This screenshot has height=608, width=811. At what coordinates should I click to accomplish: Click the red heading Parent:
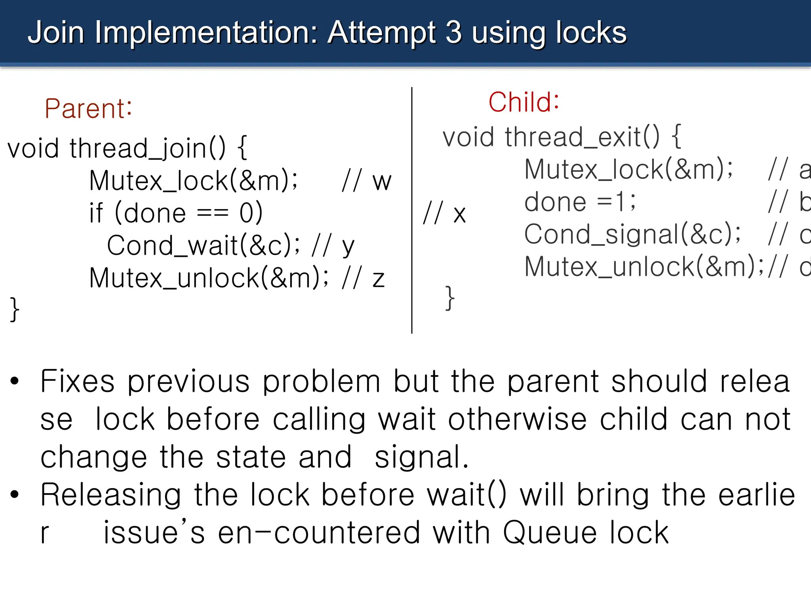[88, 108]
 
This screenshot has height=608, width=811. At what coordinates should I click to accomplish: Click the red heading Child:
[524, 102]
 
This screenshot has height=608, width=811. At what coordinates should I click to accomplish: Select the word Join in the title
[56, 32]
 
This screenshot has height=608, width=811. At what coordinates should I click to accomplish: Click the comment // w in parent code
[367, 181]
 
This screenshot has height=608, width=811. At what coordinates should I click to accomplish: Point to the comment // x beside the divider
[444, 214]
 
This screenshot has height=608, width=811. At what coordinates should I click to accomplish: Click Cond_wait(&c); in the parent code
[204, 245]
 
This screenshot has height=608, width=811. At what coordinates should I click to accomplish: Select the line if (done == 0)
[176, 213]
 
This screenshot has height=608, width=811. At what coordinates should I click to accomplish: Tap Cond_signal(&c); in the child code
[632, 234]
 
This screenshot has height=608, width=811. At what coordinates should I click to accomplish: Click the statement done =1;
[580, 202]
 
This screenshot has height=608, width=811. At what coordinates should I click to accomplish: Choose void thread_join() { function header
[127, 148]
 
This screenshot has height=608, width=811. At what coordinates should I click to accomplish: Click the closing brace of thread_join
[15, 309]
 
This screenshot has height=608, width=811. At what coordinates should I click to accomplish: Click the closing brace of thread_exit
[450, 298]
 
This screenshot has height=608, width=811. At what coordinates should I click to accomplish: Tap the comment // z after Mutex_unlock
[363, 278]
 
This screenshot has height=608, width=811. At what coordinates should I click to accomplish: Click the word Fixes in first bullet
[77, 381]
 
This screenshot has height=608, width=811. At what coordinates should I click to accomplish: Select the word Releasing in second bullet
[111, 495]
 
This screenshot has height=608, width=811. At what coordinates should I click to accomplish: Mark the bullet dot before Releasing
[15, 495]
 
